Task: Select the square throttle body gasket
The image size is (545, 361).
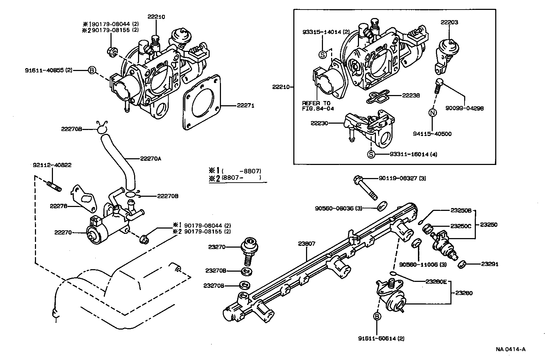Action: (202, 106)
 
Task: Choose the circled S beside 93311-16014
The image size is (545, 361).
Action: (371, 154)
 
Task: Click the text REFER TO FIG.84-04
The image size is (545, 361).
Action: (318, 106)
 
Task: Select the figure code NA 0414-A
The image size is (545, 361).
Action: (510, 349)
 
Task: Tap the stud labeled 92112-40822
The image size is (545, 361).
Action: (54, 186)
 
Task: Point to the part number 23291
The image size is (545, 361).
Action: (490, 264)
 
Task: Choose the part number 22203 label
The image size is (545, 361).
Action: (449, 22)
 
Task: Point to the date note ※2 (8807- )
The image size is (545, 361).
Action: (235, 178)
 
